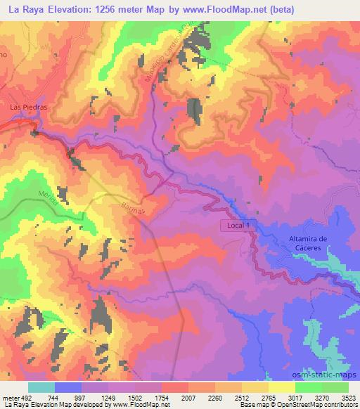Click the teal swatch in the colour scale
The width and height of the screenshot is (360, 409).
tap(41, 387)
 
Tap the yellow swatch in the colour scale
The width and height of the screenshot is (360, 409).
tap(282, 387)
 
